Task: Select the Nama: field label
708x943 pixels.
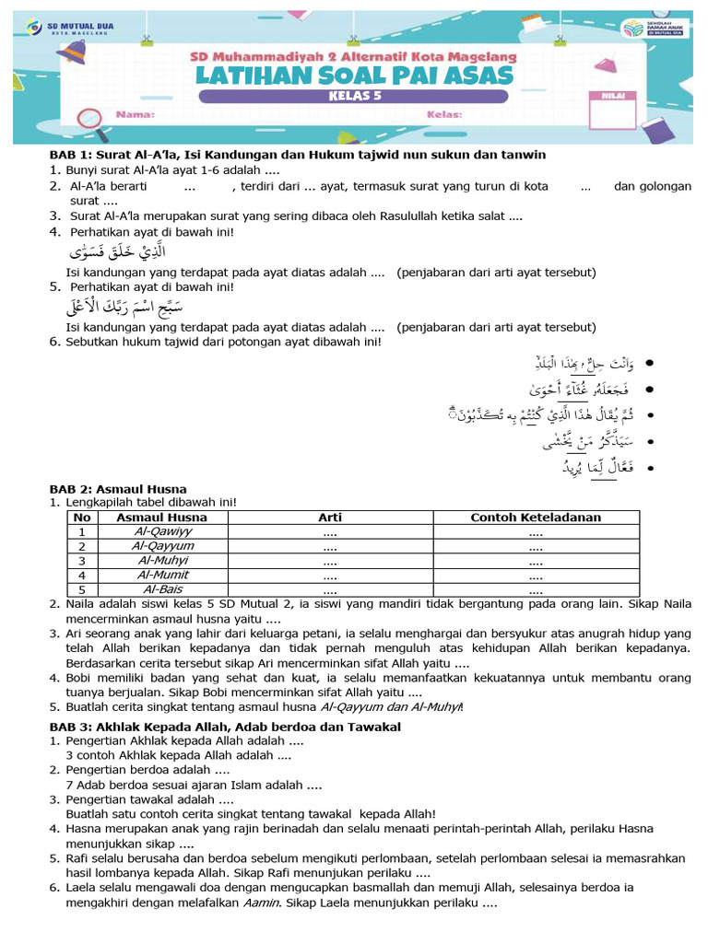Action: pos(136,115)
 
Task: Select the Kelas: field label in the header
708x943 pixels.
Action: pos(444,115)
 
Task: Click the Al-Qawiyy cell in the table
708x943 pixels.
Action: pos(162,531)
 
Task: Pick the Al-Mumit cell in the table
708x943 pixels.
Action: pos(162,575)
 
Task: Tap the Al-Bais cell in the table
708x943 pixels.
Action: pos(162,589)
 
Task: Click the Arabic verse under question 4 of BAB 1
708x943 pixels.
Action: pos(119,251)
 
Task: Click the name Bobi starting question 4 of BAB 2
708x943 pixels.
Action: pos(80,678)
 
